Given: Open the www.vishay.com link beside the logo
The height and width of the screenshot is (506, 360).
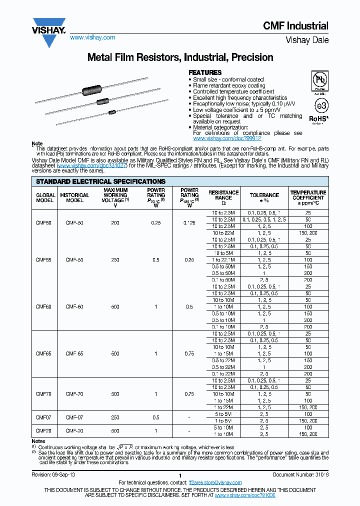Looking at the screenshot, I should tap(92, 37).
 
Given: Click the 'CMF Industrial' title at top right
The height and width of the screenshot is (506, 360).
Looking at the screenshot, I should tap(295, 26).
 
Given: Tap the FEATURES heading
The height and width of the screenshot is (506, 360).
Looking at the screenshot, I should tap(204, 72).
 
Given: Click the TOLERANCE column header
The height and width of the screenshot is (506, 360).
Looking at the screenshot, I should tap(264, 195).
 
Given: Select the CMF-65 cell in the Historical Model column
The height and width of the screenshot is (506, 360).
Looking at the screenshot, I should tap(74, 353).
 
